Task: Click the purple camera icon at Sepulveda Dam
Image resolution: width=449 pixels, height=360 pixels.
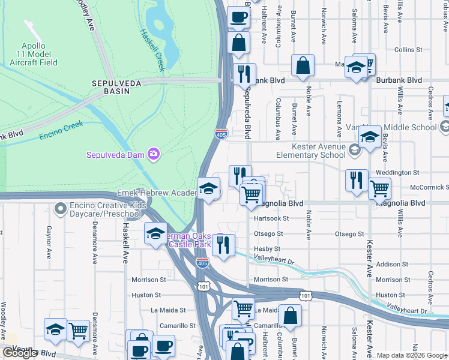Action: (x=154, y=155)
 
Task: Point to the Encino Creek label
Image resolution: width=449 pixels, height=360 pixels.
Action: (x=61, y=131)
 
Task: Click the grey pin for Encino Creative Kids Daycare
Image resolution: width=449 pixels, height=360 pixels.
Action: (x=59, y=208)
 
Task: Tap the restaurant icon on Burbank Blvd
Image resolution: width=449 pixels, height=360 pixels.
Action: (x=244, y=74)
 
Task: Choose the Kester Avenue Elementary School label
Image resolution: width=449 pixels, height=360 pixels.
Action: (x=311, y=151)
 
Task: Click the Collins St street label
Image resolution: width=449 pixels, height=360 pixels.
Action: (x=409, y=50)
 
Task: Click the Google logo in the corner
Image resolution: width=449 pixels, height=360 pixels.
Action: (x=20, y=353)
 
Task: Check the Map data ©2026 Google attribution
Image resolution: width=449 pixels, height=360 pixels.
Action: (x=412, y=355)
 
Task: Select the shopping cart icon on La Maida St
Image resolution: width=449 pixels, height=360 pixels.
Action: (x=244, y=308)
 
